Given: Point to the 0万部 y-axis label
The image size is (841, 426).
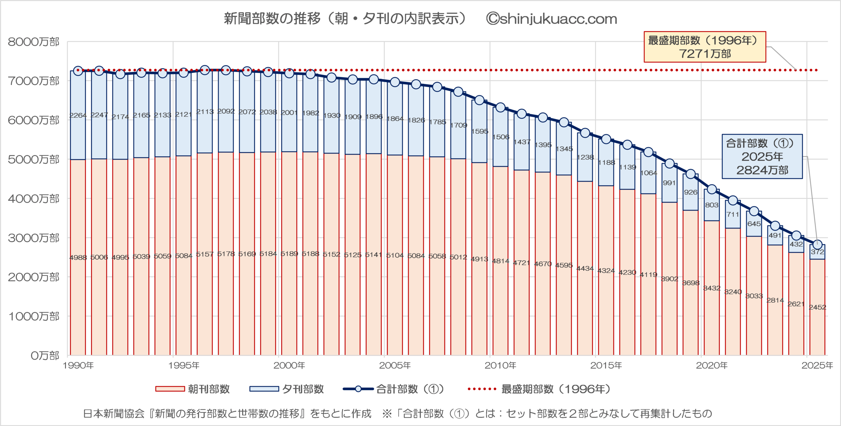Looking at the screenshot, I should (x=45, y=356).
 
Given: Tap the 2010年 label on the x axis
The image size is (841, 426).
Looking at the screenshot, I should (x=500, y=365).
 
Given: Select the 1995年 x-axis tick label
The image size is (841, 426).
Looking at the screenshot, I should (x=184, y=365).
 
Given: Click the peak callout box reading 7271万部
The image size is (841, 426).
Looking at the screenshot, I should (x=705, y=47).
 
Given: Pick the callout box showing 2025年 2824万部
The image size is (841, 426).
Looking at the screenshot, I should (x=762, y=157).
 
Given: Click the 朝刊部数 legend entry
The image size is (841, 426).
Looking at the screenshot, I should (x=193, y=389).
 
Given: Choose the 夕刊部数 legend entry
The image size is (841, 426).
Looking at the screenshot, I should (x=286, y=389).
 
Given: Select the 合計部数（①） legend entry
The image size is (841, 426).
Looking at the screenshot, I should (x=393, y=389).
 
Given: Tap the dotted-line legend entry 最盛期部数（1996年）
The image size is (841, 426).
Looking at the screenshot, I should (x=539, y=389).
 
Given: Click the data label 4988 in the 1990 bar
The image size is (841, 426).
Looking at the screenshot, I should (x=78, y=258).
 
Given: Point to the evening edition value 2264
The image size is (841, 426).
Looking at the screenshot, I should (x=78, y=115).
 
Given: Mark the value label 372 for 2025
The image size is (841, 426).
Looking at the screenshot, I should (x=817, y=252).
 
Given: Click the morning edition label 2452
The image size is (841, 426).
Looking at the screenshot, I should (x=817, y=307).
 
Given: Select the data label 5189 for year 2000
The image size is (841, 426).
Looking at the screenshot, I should (x=289, y=254).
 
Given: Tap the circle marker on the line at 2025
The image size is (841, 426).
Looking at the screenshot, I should (x=817, y=244).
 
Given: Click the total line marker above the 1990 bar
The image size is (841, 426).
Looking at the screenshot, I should (x=78, y=71).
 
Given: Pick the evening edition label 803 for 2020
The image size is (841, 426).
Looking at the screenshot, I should (x=712, y=205).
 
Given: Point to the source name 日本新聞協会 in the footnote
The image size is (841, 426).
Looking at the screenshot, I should (x=114, y=413).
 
